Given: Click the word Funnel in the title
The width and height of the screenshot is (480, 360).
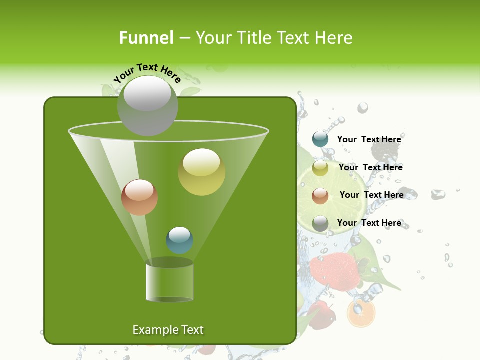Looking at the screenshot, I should [146, 38].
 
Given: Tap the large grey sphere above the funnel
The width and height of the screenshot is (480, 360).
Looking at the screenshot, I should [148, 105].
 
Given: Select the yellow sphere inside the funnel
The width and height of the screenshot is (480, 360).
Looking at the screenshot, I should [202, 172].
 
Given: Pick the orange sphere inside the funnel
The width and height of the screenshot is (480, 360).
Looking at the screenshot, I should [140, 197].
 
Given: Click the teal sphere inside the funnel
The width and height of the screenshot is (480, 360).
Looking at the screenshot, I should [180, 240].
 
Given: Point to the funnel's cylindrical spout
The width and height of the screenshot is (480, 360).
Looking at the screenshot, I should [170, 281].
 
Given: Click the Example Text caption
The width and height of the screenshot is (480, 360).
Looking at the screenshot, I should [168, 330].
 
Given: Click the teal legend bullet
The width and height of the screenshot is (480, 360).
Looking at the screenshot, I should [320, 139].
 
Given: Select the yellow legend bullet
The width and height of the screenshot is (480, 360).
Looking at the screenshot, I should [320, 168].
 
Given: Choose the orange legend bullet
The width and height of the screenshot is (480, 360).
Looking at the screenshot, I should [320, 196].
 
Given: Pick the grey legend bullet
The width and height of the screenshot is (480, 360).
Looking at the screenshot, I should [320, 223].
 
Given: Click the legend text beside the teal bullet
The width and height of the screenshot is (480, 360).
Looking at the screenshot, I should [369, 139].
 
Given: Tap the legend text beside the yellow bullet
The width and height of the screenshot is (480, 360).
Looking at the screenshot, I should [370, 167].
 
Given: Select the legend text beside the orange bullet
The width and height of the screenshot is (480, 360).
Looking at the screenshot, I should [371, 195].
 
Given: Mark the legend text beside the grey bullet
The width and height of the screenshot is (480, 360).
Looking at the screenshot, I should [369, 223].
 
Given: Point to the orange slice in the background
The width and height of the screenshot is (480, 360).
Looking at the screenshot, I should [361, 313].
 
